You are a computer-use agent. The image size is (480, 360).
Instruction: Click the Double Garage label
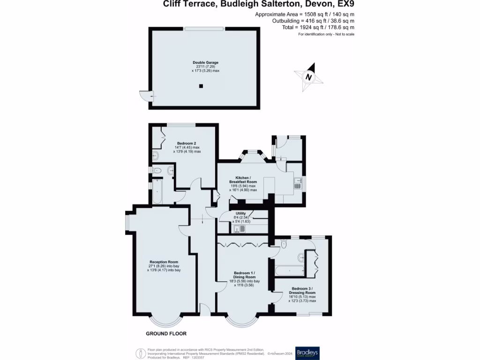pos(205,62)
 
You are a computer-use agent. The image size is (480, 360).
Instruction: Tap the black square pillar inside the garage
pos(201,86)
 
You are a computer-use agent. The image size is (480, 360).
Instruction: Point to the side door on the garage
pos(147,96)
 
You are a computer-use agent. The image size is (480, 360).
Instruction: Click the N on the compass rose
pos(308,77)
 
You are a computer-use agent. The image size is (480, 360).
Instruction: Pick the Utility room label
pos(240,213)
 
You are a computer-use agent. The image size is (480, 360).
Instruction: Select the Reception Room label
pos(164,262)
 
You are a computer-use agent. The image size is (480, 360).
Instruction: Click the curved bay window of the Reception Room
pos(165,322)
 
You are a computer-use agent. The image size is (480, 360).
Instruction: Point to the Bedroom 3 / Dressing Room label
pos(302,290)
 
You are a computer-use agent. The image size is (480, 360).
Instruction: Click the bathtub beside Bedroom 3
pos(289,270)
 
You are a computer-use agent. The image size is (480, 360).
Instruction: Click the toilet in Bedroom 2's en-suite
pos(157,171)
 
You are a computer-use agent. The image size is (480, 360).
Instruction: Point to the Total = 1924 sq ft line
pos(313,28)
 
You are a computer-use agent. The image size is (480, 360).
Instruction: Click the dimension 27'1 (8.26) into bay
pos(165,266)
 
